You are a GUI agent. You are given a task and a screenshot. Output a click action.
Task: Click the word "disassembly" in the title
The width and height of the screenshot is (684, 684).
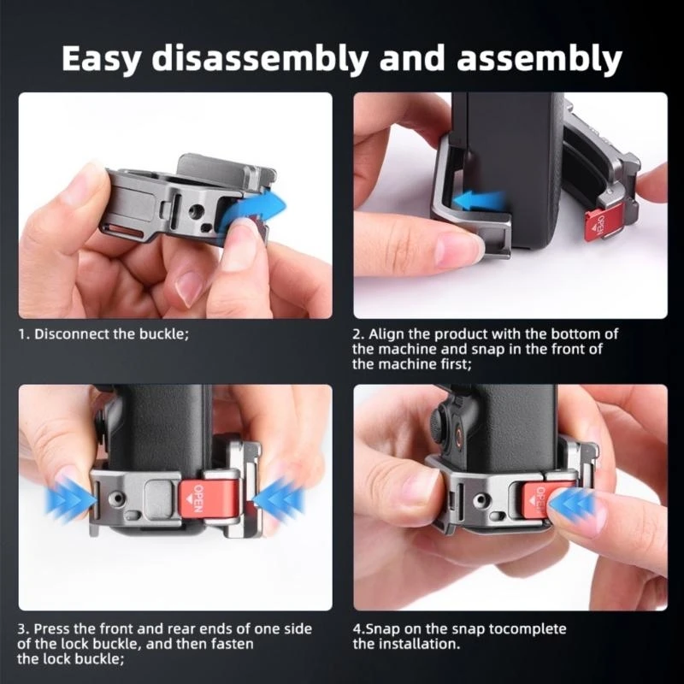pos(260,58)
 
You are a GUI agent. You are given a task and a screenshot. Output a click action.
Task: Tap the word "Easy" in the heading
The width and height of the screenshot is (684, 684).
pos(101,58)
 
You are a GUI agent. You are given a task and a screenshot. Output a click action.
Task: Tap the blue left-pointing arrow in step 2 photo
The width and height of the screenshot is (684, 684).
pos(479,201)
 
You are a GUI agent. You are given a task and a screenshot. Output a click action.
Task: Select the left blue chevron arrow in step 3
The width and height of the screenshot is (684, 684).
pos(71,500)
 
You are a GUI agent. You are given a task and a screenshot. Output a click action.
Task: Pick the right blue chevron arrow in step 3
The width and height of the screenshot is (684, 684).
pos(279,500)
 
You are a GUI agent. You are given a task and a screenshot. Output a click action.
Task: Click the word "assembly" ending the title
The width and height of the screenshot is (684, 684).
pos(540,58)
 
